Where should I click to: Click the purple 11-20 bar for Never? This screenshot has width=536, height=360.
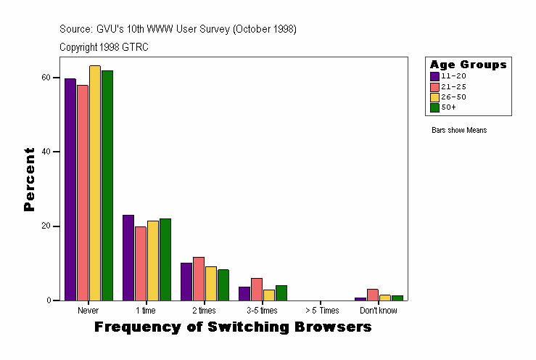point(70,189)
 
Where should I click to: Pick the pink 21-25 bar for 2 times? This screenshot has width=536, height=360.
point(199,279)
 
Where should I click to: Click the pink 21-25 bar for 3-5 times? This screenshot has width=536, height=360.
point(257,289)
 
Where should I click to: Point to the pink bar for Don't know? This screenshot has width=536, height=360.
point(372,295)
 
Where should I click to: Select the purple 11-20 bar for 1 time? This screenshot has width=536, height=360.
point(128,258)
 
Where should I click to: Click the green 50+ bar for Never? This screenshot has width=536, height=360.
point(107,185)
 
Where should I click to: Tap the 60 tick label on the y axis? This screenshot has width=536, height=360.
point(46,77)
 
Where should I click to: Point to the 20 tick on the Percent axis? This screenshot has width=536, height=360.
point(46,226)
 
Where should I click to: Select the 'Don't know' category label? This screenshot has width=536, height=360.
point(379,311)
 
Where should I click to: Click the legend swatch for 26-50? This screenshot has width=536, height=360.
point(434,97)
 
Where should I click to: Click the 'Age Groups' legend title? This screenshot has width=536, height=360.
point(468,65)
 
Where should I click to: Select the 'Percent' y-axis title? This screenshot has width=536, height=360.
point(29,179)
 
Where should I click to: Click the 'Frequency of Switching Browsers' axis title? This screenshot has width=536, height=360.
point(233,327)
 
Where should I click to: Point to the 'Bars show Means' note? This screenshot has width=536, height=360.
point(459,131)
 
